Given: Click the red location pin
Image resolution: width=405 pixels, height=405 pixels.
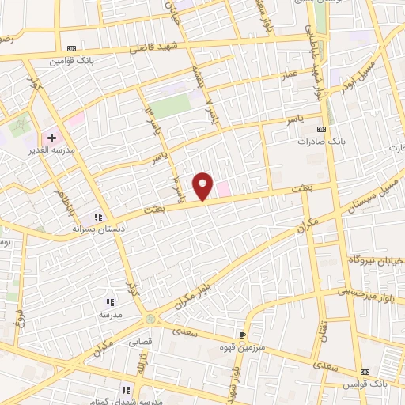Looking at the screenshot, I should (x=204, y=185).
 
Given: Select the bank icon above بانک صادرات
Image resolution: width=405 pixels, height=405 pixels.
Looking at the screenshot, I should (x=320, y=129).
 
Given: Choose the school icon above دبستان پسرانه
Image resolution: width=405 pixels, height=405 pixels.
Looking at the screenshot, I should (x=98, y=216).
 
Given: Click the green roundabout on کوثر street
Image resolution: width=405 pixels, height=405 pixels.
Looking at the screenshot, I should (x=150, y=318).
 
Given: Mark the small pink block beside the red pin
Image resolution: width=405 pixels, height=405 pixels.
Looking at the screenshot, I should (x=224, y=188).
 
